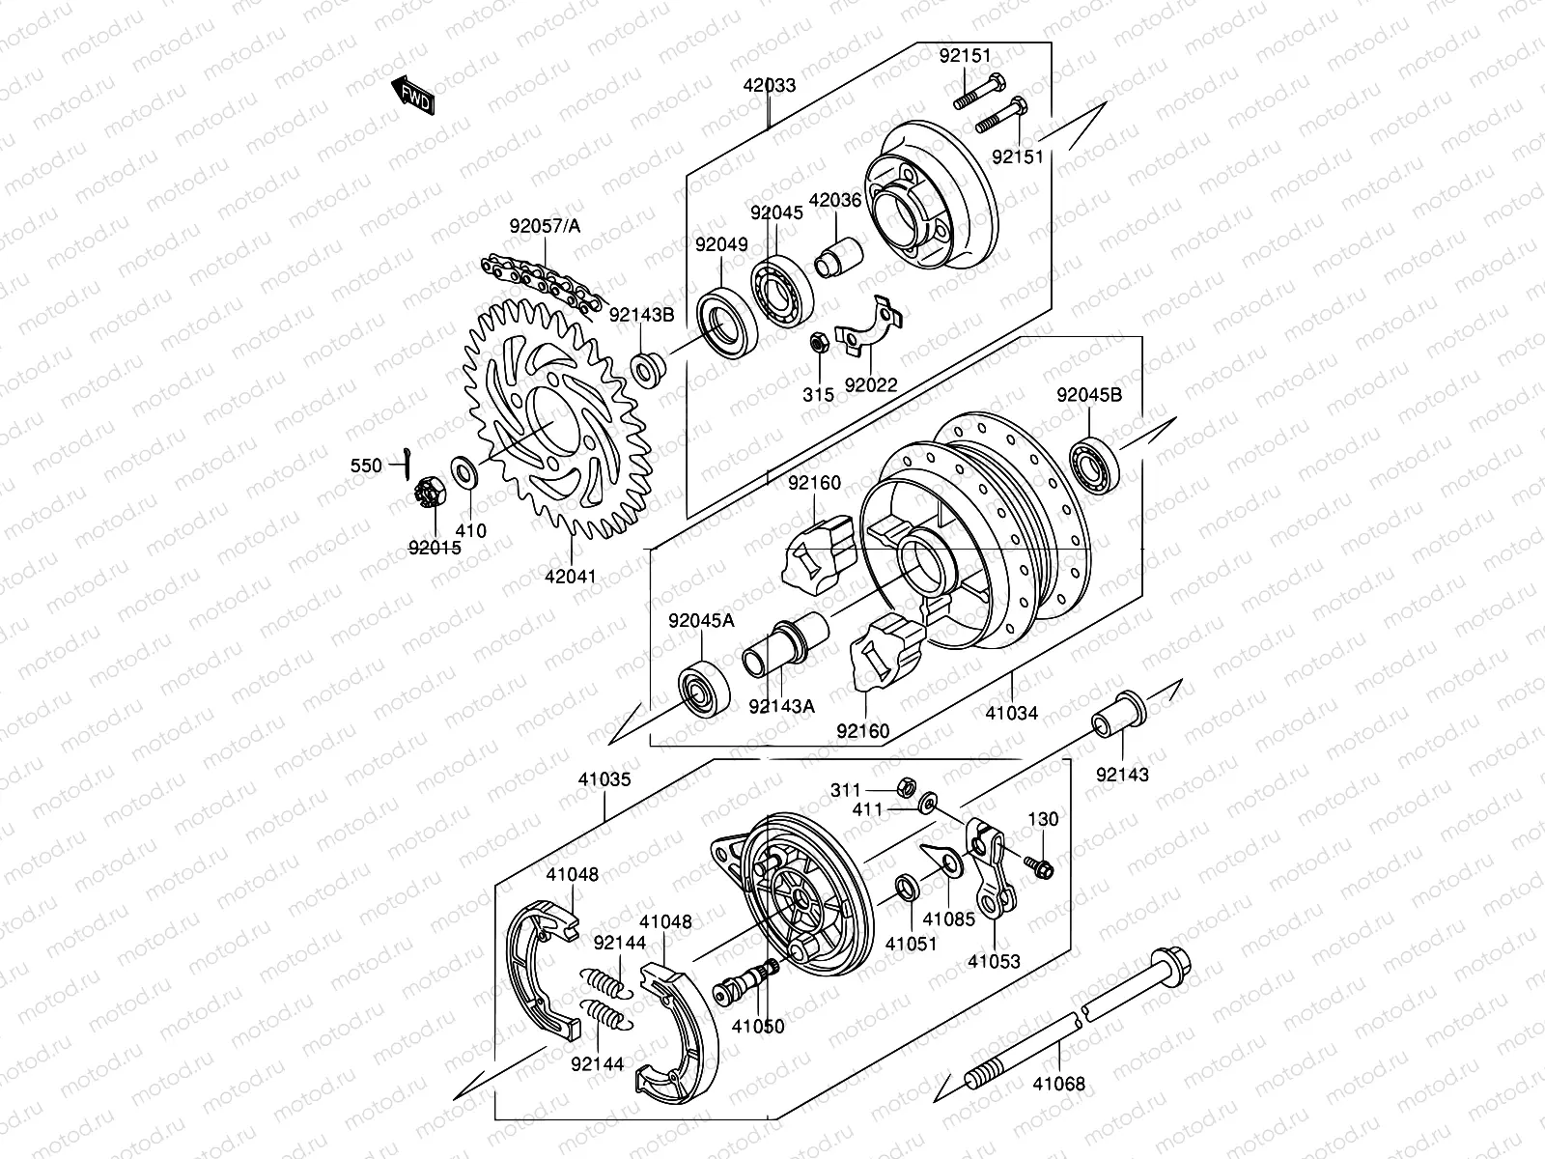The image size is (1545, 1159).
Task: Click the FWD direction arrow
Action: tap(412, 95)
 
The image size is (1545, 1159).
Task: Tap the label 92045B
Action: tap(1089, 395)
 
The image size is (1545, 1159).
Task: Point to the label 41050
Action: tap(758, 1027)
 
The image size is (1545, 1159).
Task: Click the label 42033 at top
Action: tap(770, 85)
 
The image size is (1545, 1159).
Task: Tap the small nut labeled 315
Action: tap(816, 342)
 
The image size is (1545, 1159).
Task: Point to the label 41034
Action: tap(1012, 713)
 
